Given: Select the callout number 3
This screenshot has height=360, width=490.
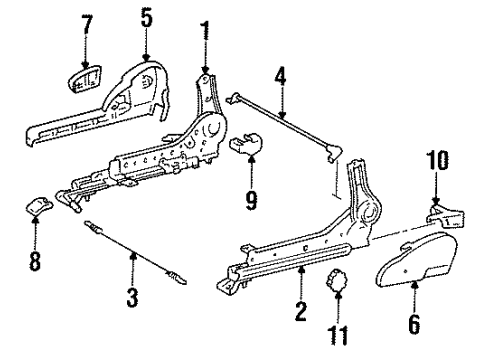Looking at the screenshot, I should point(131,297).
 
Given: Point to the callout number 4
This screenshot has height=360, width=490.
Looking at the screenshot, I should point(282,75).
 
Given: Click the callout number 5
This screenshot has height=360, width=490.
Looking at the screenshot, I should point(147,18).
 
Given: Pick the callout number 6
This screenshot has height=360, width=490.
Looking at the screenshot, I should point(415,326).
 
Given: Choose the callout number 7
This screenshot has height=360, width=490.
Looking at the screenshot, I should point(87,22).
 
